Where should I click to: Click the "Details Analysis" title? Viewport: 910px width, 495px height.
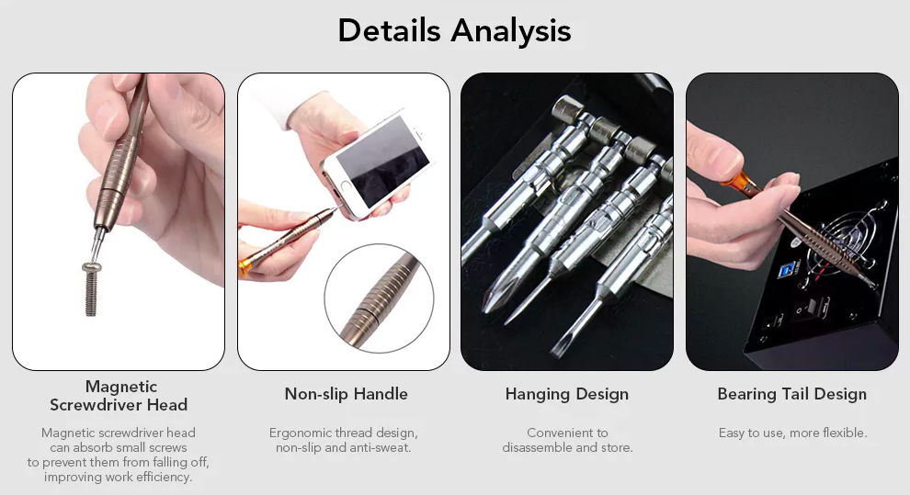coord(454,30)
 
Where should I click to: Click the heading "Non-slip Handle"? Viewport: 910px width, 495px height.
coord(346,394)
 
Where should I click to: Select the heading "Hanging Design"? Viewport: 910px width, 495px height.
coord(567,394)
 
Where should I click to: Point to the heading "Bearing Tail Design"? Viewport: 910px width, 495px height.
coord(791,394)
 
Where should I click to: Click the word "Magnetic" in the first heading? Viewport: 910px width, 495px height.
coord(120,387)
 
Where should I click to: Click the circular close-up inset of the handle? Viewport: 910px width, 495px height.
coord(379,298)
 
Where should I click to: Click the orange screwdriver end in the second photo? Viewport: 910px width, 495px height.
coord(245,265)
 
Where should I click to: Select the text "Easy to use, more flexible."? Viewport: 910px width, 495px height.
coord(792,433)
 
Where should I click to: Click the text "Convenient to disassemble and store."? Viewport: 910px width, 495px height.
coord(567,440)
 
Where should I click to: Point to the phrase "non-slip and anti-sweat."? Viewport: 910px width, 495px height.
coord(344,447)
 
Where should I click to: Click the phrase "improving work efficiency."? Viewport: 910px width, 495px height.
coord(118,477)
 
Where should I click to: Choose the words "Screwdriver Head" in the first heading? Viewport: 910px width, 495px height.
coord(119,405)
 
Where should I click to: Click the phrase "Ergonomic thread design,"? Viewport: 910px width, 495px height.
coord(344,433)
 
